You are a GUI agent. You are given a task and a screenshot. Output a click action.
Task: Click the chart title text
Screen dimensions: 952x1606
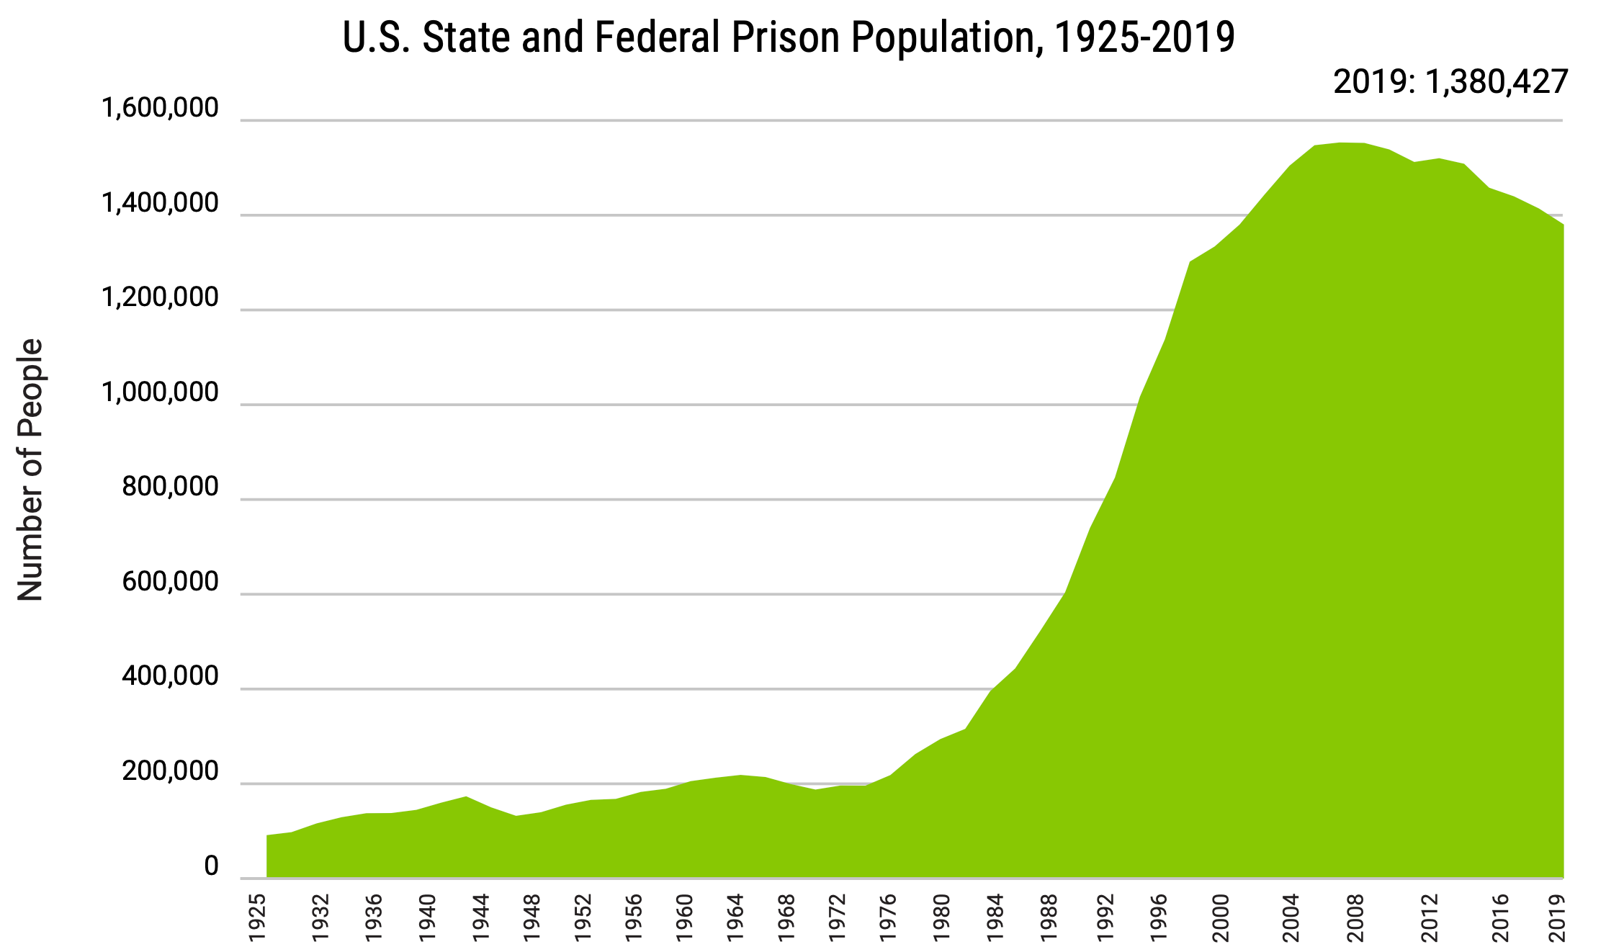pos(789,37)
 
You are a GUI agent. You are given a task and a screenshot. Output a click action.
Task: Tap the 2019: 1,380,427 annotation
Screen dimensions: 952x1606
pos(1450,82)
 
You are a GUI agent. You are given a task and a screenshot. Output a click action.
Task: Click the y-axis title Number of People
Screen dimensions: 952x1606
pos(30,470)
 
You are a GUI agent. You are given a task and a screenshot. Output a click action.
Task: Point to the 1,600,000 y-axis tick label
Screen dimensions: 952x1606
pos(160,108)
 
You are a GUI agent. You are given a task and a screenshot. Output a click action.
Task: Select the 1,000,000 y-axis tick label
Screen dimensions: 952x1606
pos(160,393)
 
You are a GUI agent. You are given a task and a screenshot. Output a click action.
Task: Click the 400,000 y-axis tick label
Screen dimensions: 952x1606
pos(170,677)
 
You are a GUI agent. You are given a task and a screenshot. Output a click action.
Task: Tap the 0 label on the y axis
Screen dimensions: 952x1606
pos(211,867)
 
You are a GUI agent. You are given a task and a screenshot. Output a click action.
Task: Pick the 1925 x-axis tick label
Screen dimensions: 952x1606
pos(257,917)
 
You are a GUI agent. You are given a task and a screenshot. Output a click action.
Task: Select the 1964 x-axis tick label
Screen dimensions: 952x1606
pos(735,917)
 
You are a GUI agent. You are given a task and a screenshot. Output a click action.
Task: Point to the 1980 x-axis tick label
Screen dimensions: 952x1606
pos(941,917)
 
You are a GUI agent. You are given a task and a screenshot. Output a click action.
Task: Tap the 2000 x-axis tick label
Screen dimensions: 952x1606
pos(1221,917)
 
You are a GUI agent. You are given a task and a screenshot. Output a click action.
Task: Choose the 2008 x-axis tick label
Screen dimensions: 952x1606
pos(1356,917)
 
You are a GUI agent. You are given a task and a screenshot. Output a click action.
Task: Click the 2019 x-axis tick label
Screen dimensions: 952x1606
pos(1558,917)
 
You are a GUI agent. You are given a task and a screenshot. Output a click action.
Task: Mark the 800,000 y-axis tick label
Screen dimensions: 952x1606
pos(170,488)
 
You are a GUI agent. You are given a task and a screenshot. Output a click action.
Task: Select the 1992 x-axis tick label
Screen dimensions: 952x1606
pos(1105,917)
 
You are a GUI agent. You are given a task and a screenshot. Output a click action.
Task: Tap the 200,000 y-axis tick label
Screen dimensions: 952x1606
pos(170,771)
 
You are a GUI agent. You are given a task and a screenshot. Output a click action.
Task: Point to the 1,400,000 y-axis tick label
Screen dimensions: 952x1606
pos(160,204)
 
